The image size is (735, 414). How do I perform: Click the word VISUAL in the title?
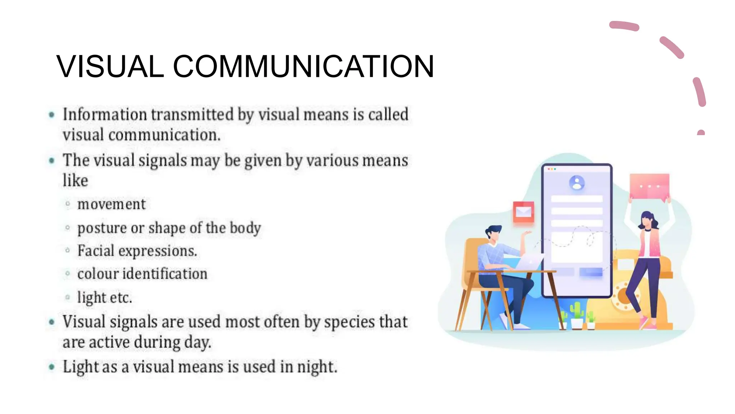click(x=110, y=66)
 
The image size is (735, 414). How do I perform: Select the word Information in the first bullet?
click(x=105, y=115)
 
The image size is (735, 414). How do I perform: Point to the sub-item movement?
click(x=111, y=204)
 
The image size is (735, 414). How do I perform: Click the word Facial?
click(x=95, y=251)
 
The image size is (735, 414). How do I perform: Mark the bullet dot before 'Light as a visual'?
click(x=52, y=367)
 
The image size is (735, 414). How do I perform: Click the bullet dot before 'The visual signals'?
click(x=52, y=160)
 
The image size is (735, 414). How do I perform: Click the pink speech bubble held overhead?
click(x=649, y=186)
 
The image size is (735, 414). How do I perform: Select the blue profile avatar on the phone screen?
click(x=577, y=183)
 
